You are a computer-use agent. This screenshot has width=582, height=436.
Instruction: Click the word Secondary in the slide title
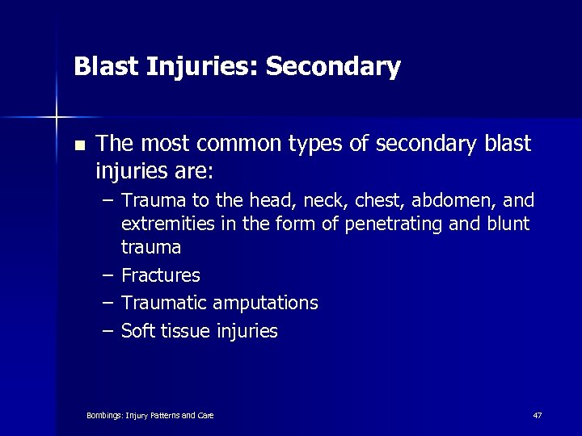332,67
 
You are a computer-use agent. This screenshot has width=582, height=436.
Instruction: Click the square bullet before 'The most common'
78,146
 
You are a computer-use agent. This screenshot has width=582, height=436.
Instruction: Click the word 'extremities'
167,224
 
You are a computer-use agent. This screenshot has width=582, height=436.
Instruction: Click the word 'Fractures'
161,275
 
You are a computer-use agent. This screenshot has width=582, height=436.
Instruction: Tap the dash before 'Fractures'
108,275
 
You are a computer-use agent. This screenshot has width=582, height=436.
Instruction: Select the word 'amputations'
265,303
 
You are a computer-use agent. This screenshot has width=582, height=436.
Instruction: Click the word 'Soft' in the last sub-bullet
138,330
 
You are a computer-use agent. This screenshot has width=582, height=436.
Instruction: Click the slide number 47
538,415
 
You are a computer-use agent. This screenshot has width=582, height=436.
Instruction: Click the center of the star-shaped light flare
57,118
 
